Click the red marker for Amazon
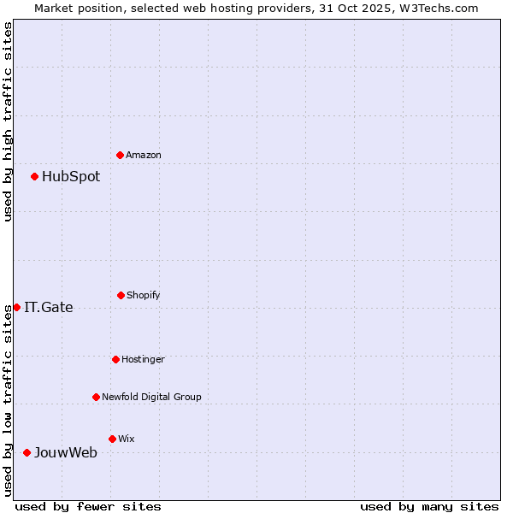coord(120,155)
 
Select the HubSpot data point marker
coord(34,176)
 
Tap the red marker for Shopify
coord(121,295)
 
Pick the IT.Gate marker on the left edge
coord(16,307)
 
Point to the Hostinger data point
coord(115,359)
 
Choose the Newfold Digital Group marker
coord(96,397)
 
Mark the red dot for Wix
coord(112,439)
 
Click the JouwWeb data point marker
coord(27,452)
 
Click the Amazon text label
coord(144,156)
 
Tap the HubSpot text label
coord(71,177)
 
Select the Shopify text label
coord(144,296)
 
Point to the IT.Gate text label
coord(49,308)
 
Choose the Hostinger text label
coord(143,360)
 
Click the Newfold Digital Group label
coord(151,398)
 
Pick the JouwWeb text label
coord(66,453)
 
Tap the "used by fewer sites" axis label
coord(88,506)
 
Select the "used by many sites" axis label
coord(429,506)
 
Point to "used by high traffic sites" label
coord(8,121)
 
